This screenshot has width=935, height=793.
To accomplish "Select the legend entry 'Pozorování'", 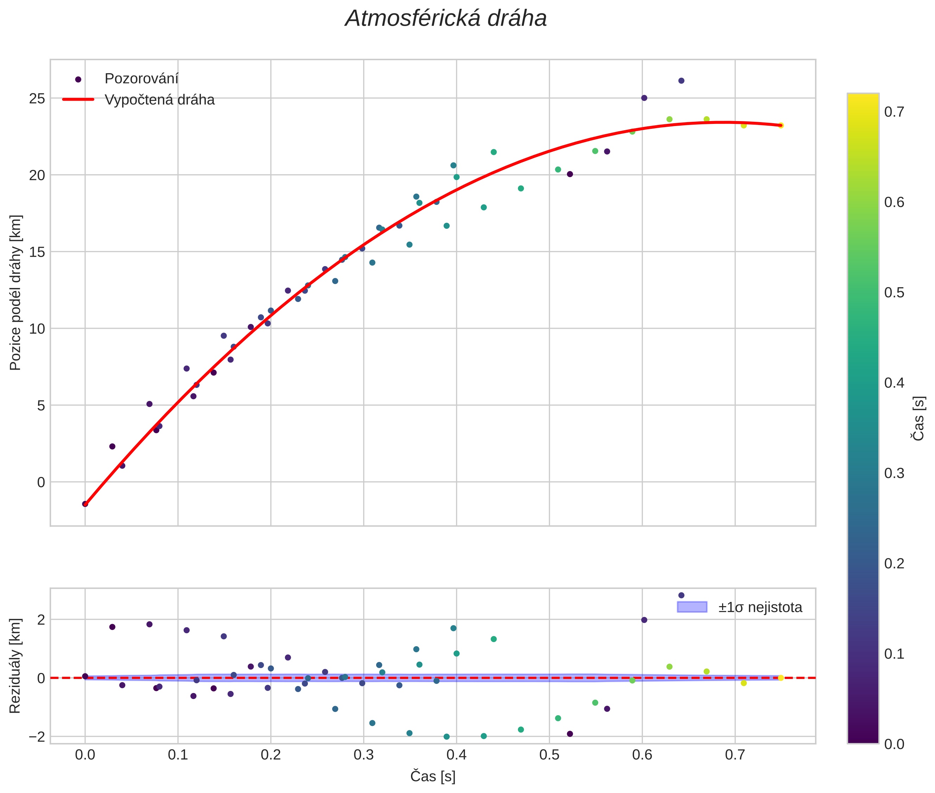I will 141,79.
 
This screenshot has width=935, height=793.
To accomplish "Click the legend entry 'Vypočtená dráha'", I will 159,100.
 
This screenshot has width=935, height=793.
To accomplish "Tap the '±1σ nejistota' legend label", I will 760,608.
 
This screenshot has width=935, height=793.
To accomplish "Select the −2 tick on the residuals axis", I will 36,737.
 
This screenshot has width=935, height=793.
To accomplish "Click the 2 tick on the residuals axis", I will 41,620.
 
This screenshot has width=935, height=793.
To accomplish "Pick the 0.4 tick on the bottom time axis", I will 456,755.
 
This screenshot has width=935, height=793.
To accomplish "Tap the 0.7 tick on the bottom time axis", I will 735,755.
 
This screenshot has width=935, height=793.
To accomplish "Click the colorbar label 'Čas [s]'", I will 919,418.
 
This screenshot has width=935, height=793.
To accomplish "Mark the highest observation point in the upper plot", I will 681,81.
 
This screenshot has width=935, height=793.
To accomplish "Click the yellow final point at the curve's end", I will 781,125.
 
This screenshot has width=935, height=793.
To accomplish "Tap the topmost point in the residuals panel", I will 681,595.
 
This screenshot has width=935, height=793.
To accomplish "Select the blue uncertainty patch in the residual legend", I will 692,607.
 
